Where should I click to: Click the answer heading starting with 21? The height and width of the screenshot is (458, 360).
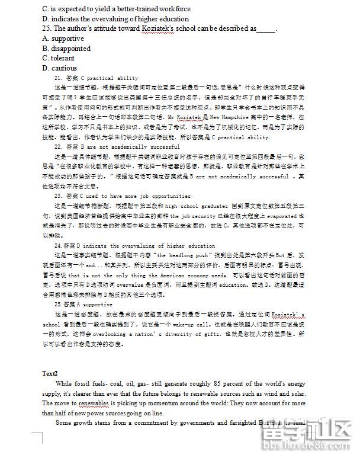[95, 78]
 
